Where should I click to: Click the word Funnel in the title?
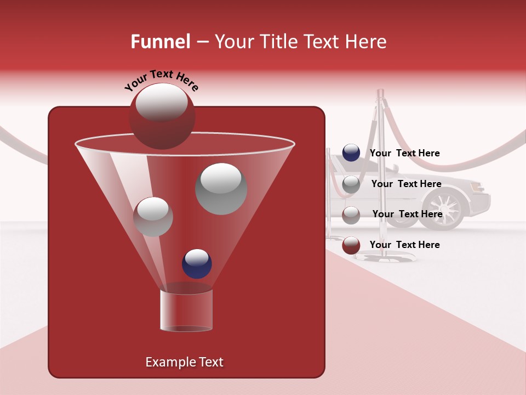[160, 42]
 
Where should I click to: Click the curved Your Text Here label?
[162, 80]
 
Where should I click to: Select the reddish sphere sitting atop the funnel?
[162, 116]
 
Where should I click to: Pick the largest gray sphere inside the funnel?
[221, 188]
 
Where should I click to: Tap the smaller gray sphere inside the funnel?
[153, 217]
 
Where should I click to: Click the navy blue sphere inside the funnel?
[197, 264]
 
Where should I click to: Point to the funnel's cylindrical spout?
[186, 310]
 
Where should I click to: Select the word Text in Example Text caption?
[210, 362]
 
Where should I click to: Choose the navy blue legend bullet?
[351, 153]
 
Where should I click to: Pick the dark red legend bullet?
[351, 245]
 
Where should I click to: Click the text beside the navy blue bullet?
[404, 153]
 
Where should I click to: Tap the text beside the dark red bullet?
[404, 245]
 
